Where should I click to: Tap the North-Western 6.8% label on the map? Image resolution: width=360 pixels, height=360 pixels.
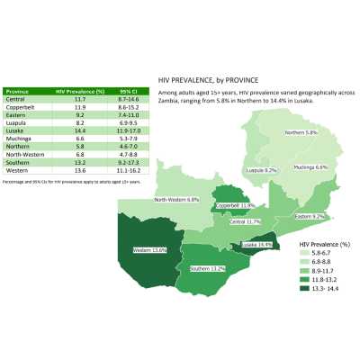pyautogui.click(x=175, y=200)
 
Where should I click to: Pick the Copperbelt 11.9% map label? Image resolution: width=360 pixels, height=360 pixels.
pyautogui.click(x=235, y=205)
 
